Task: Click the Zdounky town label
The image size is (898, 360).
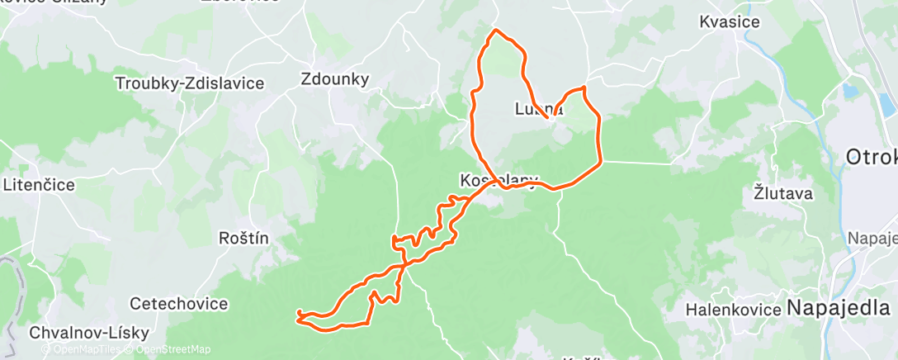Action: click(334, 79)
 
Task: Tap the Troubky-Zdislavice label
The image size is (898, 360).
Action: click(190, 83)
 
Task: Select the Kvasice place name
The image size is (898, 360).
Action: click(729, 22)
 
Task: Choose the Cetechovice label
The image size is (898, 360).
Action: click(178, 304)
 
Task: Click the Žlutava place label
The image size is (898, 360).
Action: click(783, 194)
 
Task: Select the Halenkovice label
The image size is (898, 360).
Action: click(733, 310)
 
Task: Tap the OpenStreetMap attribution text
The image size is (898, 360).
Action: click(168, 350)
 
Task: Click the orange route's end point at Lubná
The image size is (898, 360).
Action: click(547, 130)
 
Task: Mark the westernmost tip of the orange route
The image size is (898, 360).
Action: click(297, 316)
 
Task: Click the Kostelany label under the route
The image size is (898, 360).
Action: click(499, 180)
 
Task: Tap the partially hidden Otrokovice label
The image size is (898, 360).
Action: click(871, 157)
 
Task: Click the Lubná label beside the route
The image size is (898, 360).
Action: click(537, 108)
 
